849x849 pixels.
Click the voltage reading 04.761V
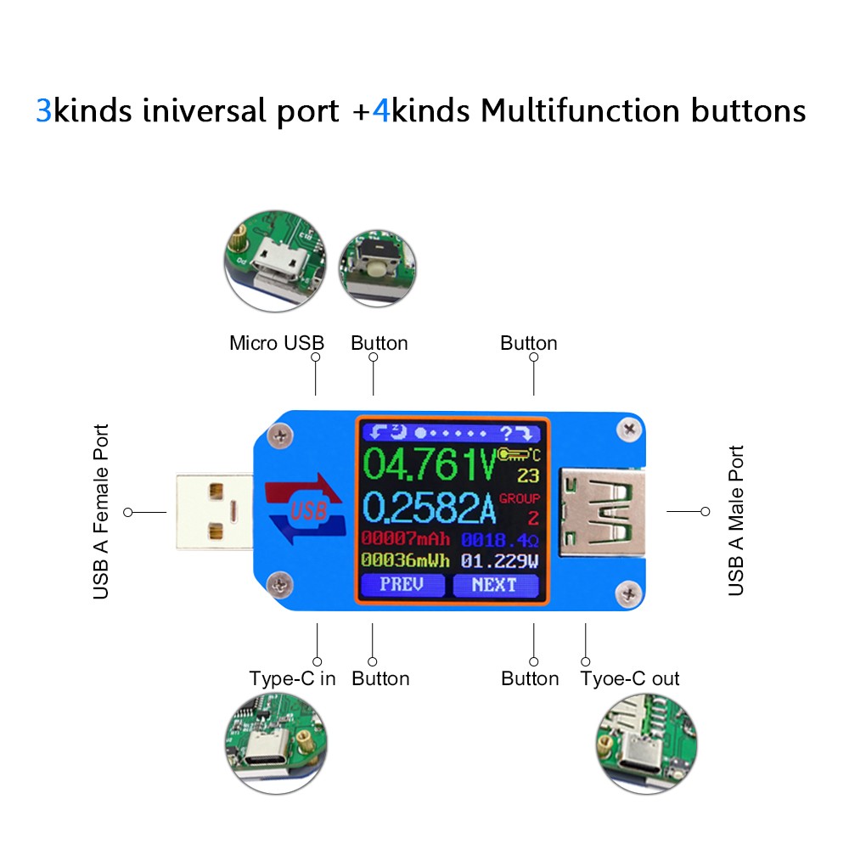(430, 465)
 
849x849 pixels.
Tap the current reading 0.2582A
(430, 508)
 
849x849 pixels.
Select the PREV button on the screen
(402, 584)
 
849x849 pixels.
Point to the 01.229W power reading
(499, 560)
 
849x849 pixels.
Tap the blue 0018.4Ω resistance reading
(499, 538)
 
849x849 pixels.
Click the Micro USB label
(277, 343)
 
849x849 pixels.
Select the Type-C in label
(292, 678)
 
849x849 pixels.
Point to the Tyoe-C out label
(630, 678)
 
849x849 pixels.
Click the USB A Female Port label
(101, 512)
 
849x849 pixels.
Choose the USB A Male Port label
(736, 520)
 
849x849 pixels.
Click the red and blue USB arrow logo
(306, 509)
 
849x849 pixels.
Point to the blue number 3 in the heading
(43, 111)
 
